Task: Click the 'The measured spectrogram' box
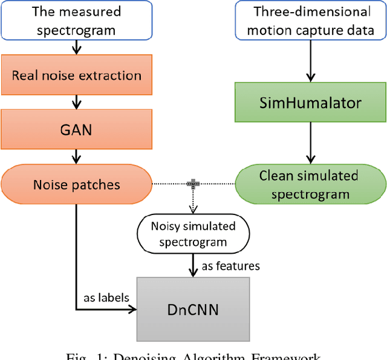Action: [76, 20]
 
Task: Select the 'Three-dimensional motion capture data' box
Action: [311, 21]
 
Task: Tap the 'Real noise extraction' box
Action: [76, 76]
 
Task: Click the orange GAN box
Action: [76, 129]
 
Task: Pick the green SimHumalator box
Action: [310, 103]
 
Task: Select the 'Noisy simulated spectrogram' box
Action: [193, 233]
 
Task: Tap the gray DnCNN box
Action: [193, 309]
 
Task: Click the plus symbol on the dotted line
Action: [193, 182]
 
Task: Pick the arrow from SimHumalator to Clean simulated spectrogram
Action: [310, 143]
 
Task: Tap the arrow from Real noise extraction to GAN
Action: [76, 103]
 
